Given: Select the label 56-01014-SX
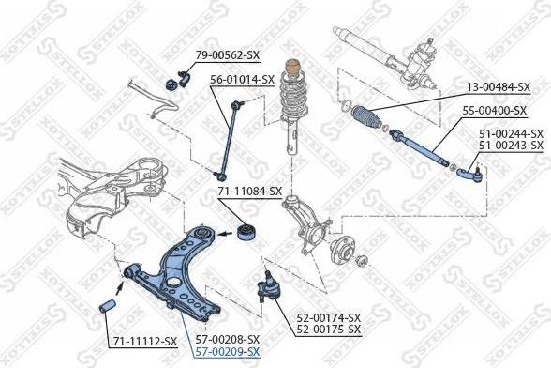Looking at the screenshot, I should pos(242,80).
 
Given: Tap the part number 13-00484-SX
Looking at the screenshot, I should pos(499,87).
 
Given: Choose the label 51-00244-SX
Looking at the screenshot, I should pos(511,133).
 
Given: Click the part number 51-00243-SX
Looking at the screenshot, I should pos(511,146).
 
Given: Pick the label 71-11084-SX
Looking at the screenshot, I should pos(250,192).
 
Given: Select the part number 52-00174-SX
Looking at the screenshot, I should pos(329,318).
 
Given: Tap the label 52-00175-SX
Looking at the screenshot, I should pos(329,330).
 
